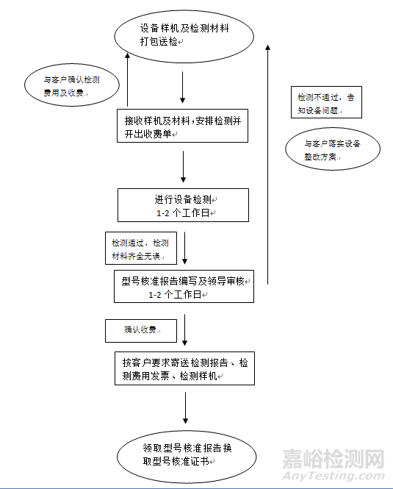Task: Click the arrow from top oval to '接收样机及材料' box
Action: click(x=183, y=88)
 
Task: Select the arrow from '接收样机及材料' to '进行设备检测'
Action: click(x=183, y=167)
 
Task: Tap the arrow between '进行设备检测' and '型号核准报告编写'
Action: click(x=185, y=248)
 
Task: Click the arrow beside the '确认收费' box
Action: click(x=185, y=330)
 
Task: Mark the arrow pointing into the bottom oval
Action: click(x=185, y=408)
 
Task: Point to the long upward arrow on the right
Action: click(x=267, y=165)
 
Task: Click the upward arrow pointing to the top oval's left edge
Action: click(x=127, y=79)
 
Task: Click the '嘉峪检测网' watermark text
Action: click(x=333, y=459)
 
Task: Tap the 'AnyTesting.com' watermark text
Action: click(x=333, y=476)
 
